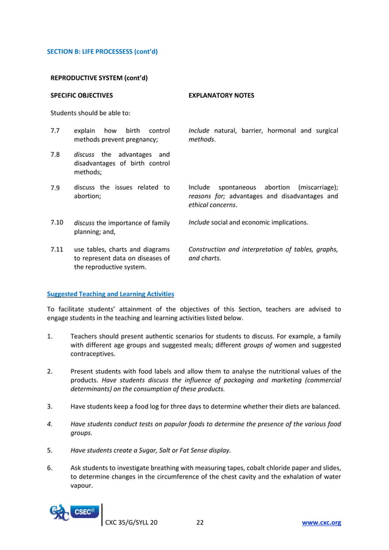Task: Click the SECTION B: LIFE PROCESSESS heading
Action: (102, 51)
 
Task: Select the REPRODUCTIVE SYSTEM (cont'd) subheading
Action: (99, 78)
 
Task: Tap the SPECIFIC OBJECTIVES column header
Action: (81, 96)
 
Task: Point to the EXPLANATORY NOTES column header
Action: (221, 96)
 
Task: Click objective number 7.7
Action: (55, 130)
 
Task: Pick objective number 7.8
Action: (55, 154)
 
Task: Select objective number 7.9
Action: (55, 187)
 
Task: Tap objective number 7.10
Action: (57, 223)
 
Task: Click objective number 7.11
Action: (57, 249)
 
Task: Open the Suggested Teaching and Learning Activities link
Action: (110, 294)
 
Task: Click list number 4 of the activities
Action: (49, 424)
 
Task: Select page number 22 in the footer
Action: (200, 523)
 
